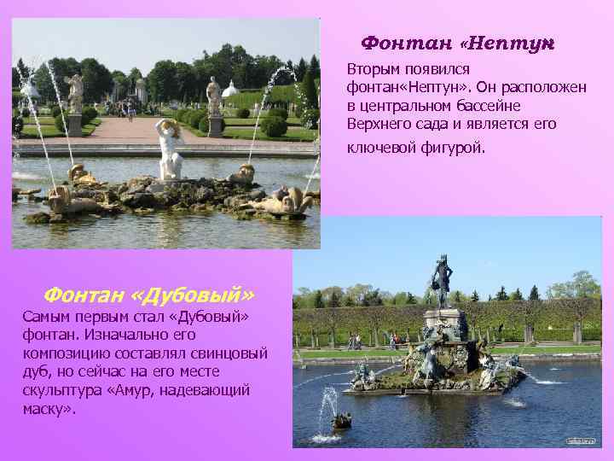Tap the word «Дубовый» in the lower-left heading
click(194, 295)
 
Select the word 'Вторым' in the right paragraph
click(372, 67)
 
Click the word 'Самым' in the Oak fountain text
click(43, 317)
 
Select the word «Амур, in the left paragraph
click(128, 390)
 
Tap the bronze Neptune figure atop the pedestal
click(442, 283)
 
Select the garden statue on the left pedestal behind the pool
click(75, 94)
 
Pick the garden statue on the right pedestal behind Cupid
click(214, 96)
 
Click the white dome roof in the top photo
click(229, 89)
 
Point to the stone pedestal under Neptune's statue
click(444, 324)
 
